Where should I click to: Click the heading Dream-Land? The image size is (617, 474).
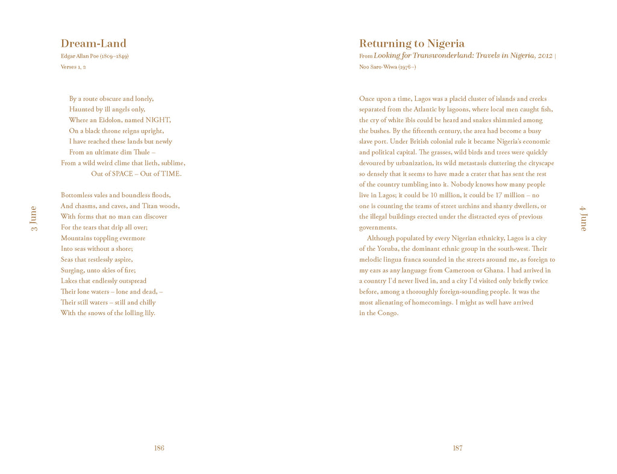pos(93,43)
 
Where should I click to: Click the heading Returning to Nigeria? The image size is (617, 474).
pos(412,43)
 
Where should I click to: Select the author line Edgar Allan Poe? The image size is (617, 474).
pos(95,57)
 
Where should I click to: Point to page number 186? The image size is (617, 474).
pos(159,448)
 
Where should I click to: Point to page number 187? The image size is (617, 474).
pos(457,448)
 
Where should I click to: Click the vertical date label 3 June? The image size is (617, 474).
pos(34,218)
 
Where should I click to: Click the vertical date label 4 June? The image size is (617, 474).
pos(583,218)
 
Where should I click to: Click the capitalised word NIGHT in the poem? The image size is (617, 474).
pos(158,120)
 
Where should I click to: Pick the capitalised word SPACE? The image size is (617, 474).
pos(122,174)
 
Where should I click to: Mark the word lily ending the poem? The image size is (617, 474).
pos(148,313)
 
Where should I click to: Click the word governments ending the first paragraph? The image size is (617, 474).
pos(378,227)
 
